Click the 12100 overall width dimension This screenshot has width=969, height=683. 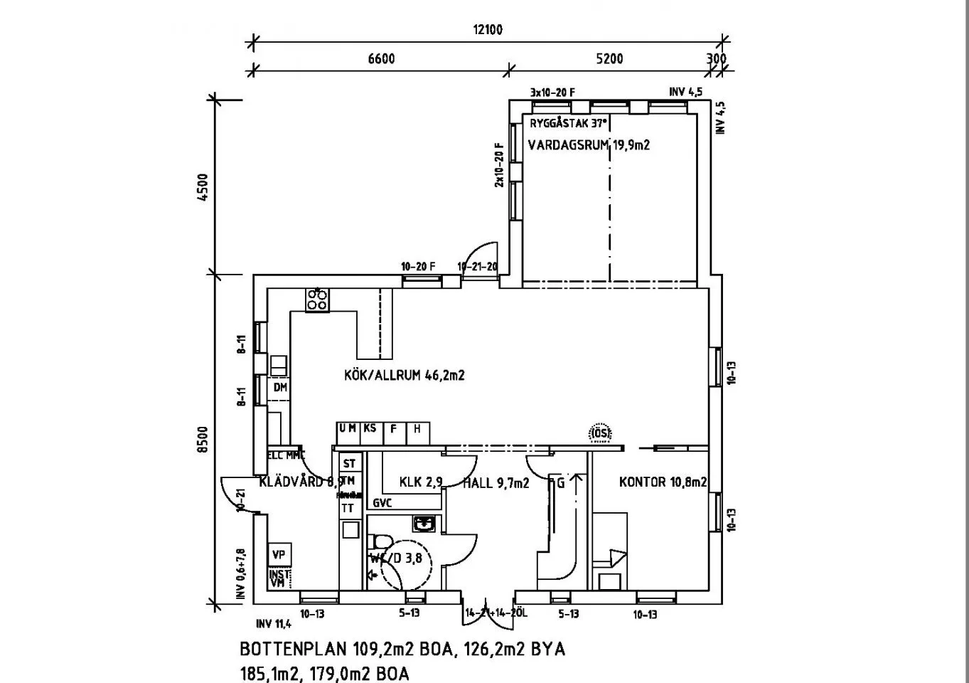click(x=488, y=30)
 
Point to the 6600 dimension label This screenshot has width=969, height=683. click(x=381, y=59)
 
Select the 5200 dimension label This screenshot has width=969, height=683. click(x=609, y=59)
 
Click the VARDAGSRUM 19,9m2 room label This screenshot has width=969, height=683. click(x=589, y=145)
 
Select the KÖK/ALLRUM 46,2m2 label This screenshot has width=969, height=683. click(x=404, y=375)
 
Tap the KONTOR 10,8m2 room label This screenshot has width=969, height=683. click(x=663, y=482)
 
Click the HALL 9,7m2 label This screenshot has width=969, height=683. click(x=496, y=483)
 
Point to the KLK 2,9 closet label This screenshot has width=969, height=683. click(x=421, y=482)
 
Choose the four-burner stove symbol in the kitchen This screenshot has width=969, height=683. click(x=317, y=300)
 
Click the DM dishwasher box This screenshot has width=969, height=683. click(x=280, y=388)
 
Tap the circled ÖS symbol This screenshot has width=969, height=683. click(x=601, y=432)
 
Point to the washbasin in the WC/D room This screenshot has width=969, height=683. click(x=424, y=524)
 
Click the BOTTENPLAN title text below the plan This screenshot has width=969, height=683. click(x=402, y=650)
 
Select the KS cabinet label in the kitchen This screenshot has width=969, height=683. click(x=370, y=429)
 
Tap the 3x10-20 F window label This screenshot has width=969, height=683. click(x=552, y=92)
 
